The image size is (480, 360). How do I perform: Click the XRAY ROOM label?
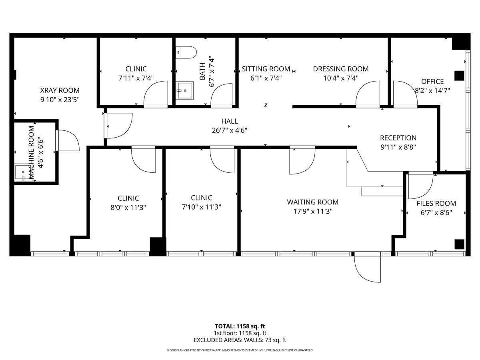tap(60, 90)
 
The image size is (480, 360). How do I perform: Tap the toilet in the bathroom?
tap(187, 52)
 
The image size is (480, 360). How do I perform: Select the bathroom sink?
tap(185, 91)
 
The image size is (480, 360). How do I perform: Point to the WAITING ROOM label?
tap(312, 202)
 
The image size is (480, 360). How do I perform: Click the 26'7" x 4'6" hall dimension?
tap(230, 130)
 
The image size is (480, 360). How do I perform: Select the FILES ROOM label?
tap(436, 203)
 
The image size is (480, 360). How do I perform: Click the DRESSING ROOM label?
tap(340, 69)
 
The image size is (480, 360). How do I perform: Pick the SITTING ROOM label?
tap(266, 69)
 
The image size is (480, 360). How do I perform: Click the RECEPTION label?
tap(398, 138)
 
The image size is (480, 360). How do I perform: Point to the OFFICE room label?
tap(432, 81)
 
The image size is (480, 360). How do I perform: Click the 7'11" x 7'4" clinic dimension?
tap(136, 78)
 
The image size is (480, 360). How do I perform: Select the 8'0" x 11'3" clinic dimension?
tap(128, 207)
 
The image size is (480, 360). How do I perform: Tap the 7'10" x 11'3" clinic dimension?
tap(201, 207)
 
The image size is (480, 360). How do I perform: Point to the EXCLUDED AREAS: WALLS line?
tap(240, 340)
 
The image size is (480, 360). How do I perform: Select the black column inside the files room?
tap(459, 244)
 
